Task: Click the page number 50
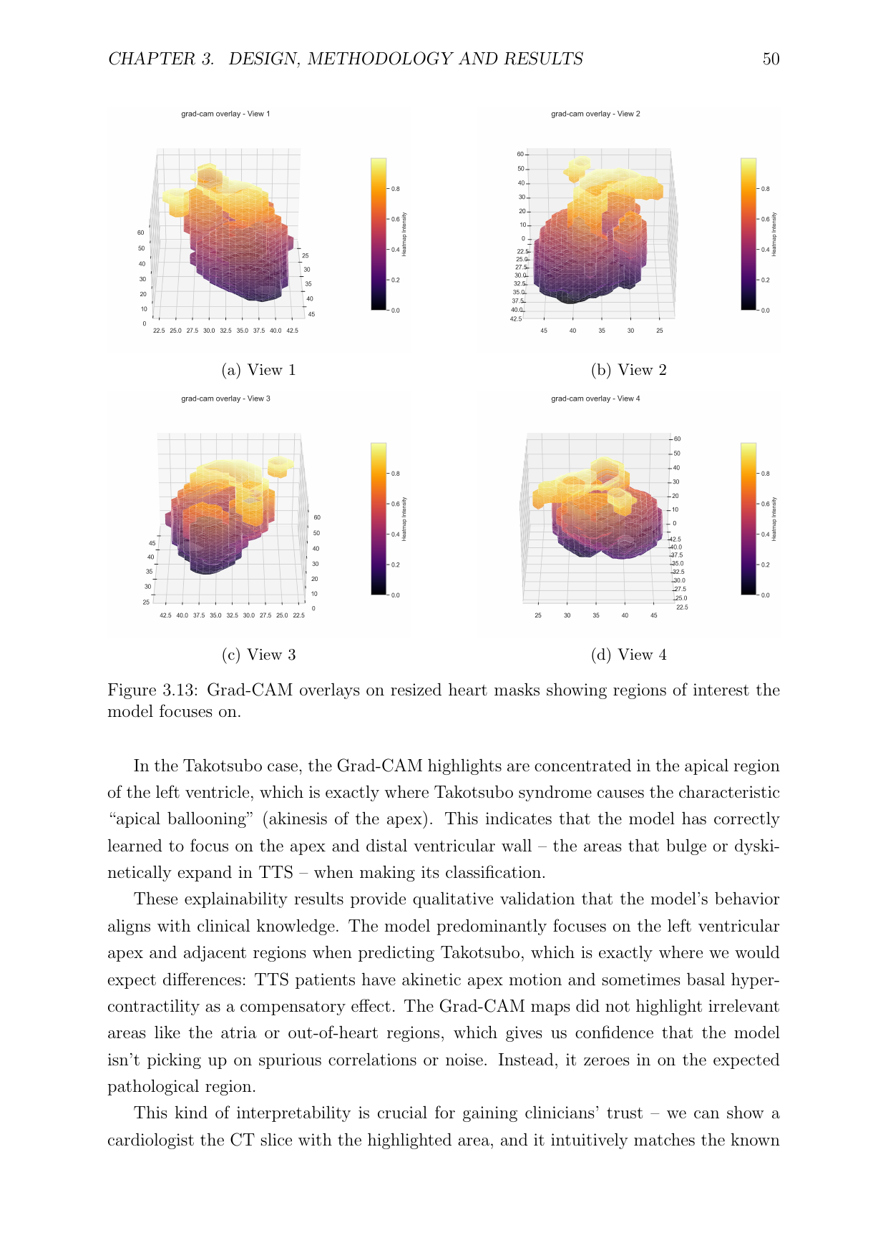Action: tap(771, 59)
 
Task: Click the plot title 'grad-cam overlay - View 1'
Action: tap(225, 114)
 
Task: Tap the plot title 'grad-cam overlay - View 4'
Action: tap(595, 399)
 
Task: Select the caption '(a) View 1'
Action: tap(258, 370)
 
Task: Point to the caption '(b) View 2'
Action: tap(628, 370)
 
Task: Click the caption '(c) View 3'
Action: tap(258, 655)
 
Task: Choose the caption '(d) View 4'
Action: tap(628, 655)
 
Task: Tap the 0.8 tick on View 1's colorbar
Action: tap(396, 189)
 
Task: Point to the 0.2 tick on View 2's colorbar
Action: tap(766, 280)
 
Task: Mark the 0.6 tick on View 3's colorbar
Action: tap(396, 504)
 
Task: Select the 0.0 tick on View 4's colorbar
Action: tap(766, 595)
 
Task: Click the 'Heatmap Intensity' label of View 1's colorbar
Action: tap(404, 234)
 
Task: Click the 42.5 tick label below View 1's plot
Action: tap(292, 331)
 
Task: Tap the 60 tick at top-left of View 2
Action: tap(520, 155)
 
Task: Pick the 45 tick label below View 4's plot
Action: tap(654, 615)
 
